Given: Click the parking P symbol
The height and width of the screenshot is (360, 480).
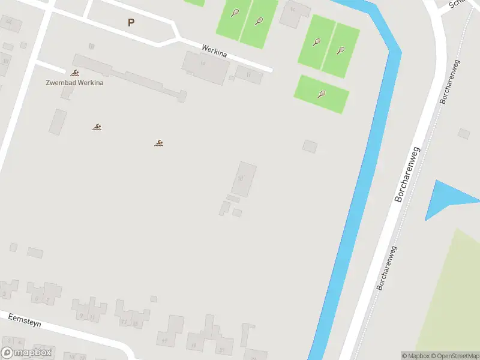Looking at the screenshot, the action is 131,23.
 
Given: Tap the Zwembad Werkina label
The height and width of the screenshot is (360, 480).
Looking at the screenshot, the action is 74,82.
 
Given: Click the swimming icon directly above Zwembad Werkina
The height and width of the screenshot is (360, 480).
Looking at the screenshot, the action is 74,73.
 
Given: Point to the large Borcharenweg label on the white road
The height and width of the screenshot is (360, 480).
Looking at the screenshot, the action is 408,173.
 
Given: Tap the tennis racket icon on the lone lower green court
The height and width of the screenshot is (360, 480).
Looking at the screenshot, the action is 322,94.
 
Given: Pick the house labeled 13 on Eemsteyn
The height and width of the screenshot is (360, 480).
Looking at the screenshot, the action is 124,321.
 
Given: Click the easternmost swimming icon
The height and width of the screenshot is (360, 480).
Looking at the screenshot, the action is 159,143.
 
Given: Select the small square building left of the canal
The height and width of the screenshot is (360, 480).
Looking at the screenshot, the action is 310,146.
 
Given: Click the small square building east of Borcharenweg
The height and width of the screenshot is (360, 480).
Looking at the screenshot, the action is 464,133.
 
